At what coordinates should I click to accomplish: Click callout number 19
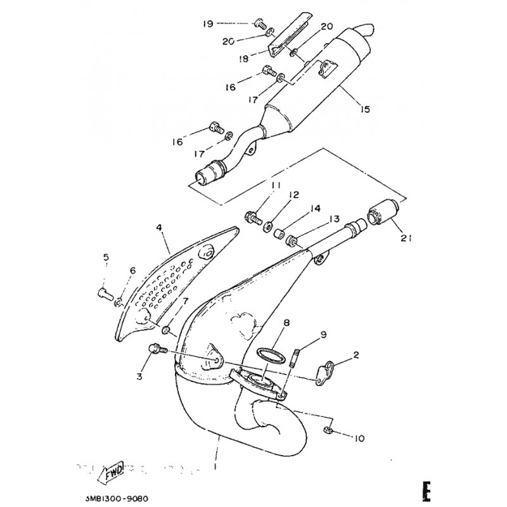pos(208,24)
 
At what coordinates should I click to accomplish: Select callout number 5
pos(106,257)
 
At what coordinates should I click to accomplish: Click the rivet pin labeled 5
pos(103,293)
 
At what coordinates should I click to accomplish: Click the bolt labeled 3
pos(155,348)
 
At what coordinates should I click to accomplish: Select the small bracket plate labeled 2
pos(326,369)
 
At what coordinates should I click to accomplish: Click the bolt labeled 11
pos(253,217)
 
